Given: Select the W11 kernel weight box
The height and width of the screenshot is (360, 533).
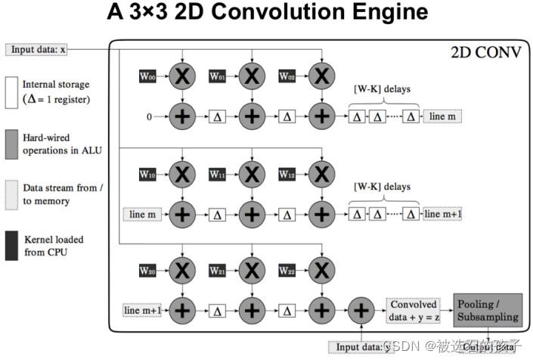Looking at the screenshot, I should pos(218,175).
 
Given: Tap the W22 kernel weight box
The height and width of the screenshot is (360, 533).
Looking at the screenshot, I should pos(287,269).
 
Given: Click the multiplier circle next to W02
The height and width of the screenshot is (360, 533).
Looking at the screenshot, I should pos(322,76).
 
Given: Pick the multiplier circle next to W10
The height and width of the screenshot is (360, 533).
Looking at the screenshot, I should pos(181,175).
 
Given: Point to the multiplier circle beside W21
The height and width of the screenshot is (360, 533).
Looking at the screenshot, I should pos(252,269).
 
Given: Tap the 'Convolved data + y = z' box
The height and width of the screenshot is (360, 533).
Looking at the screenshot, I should pos(414,310).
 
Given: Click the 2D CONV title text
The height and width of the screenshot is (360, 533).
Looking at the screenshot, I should pos(485,53).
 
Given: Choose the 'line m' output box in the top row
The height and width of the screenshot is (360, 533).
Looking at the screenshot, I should pos(442,116).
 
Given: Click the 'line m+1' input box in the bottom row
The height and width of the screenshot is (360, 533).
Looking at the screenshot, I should pos(142,309).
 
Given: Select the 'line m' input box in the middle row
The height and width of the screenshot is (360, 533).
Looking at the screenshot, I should pos(141,214).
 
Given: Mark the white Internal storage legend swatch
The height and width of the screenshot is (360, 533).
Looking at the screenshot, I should pos(11,93).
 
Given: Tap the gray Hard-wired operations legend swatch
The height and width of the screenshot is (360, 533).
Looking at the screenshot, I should pos(11,144).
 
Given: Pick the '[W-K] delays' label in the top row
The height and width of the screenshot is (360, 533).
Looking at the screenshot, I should pos(382,89).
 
